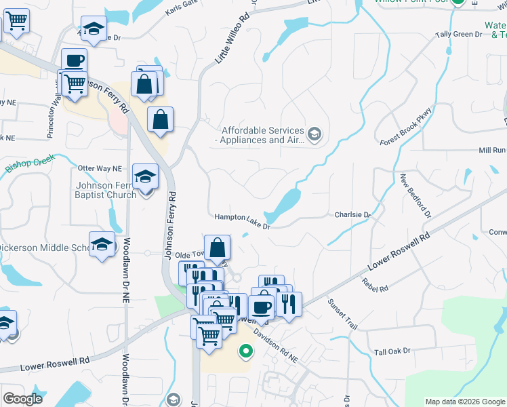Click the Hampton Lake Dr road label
(x=243, y=218)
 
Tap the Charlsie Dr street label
(x=354, y=215)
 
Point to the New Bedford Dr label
(x=415, y=195)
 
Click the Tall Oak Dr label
(x=392, y=351)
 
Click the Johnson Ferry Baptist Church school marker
(x=144, y=177)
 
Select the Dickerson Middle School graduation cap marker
(x=102, y=244)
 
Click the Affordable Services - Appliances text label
(x=261, y=135)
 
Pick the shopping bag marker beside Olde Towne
(x=217, y=248)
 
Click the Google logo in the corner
(x=22, y=399)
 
